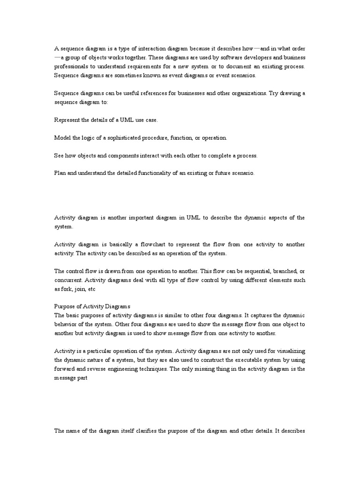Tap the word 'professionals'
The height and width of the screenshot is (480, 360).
72,67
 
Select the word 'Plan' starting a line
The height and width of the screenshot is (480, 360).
60,173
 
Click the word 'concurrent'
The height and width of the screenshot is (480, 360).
69,280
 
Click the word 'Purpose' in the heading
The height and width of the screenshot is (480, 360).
65,307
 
